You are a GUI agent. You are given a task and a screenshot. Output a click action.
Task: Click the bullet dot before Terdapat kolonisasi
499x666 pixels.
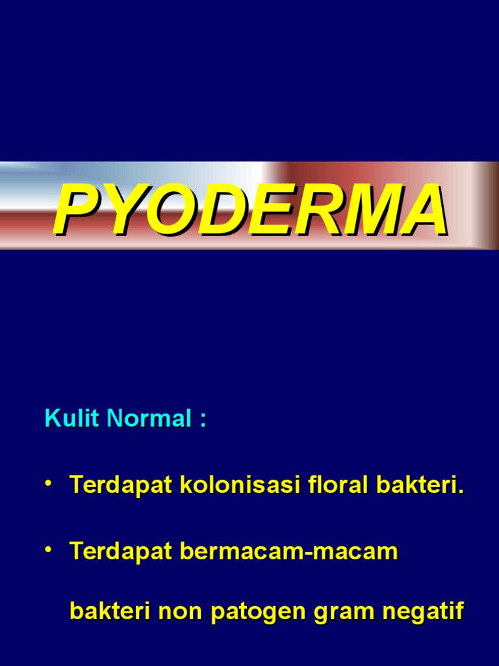pyautogui.click(x=49, y=483)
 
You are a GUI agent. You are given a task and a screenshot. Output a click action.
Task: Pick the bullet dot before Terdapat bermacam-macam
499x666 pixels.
pyautogui.click(x=49, y=550)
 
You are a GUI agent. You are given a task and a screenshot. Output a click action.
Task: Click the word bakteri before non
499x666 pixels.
pyautogui.click(x=108, y=612)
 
